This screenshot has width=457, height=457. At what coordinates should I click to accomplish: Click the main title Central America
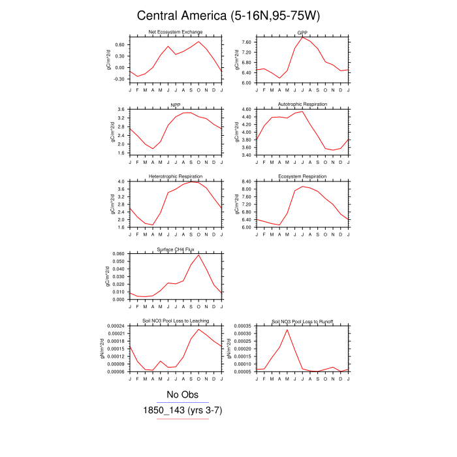point(228,16)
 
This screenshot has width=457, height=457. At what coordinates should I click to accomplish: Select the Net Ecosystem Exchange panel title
point(176,31)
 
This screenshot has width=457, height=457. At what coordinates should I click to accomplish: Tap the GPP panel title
point(302,31)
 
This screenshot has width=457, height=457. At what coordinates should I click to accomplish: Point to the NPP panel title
point(176,104)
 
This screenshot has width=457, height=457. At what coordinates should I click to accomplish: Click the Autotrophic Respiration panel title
point(302,104)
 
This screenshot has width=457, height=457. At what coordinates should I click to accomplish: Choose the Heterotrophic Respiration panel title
point(176,176)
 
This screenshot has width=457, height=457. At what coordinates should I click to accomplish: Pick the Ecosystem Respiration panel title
point(302,176)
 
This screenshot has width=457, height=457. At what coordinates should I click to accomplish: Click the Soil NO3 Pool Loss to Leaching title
point(176,321)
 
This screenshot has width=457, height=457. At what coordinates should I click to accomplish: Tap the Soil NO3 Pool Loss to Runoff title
point(302,321)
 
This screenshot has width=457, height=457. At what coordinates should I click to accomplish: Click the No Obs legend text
point(182,394)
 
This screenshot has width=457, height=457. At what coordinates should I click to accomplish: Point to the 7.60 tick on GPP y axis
point(245,42)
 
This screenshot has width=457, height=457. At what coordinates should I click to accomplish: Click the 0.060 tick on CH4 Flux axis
point(118,253)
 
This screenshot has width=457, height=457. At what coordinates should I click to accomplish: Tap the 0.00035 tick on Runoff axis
point(243,325)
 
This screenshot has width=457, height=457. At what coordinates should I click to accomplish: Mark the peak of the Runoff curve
point(287,329)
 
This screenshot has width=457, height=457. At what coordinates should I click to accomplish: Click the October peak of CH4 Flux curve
point(198,255)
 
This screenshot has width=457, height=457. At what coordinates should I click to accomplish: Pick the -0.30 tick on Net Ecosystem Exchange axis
point(118,79)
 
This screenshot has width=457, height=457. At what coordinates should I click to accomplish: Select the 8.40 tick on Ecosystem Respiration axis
point(245,181)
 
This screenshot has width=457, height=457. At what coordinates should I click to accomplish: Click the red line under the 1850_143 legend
point(182,418)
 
